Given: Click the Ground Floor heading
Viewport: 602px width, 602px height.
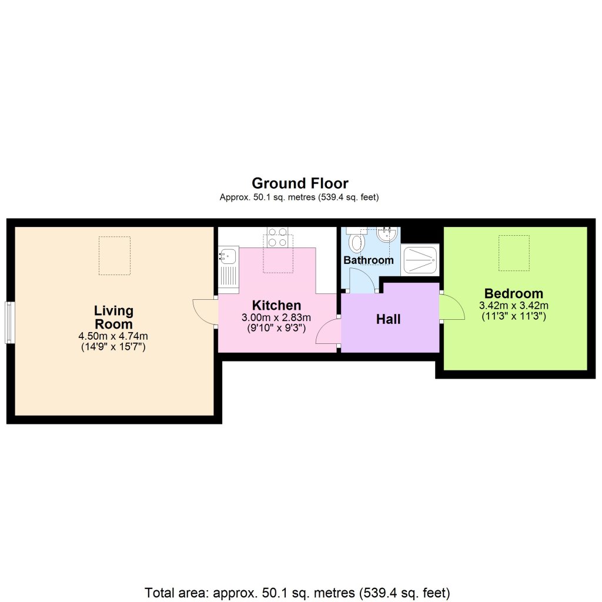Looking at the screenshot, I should coord(300,183).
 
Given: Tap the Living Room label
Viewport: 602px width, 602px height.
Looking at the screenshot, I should coord(113,317).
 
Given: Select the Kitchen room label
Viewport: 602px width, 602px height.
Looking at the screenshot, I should coord(276,305).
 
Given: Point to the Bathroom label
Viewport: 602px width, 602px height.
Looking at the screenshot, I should coord(369,260).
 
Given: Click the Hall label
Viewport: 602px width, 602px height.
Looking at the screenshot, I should coord(389,319).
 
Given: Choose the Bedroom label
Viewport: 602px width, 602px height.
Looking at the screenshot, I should coord(514,293).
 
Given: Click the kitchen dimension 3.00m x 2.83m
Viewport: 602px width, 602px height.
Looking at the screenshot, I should coord(276,317).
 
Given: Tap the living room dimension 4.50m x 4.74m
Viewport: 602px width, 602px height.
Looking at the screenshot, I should coord(113,336).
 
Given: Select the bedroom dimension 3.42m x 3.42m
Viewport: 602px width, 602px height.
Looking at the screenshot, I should coord(514,306).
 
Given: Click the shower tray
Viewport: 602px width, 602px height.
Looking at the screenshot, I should coord(420,259).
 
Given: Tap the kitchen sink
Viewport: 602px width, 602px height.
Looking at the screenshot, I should coord(228,256).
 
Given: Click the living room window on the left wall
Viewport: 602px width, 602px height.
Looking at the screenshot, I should coord(9,322).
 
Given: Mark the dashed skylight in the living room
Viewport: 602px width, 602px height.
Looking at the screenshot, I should coord(114,255).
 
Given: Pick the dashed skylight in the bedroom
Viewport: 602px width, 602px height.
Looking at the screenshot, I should coord(514,253).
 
